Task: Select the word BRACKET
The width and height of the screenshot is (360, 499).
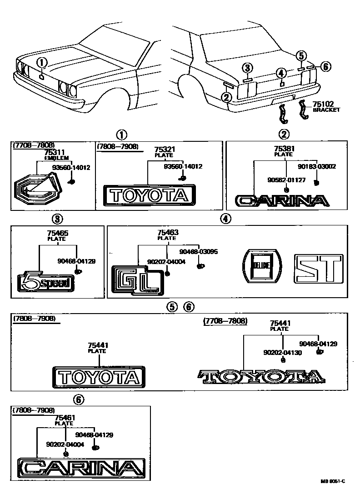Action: [x=326, y=110]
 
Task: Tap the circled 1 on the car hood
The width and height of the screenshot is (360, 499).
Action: [x=41, y=63]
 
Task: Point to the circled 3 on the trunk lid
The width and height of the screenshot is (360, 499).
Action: [x=247, y=68]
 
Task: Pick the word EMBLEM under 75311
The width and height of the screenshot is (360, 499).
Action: [x=57, y=158]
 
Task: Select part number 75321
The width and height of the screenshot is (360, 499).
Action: [x=164, y=150]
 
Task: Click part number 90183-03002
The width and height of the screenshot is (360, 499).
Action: [x=317, y=167]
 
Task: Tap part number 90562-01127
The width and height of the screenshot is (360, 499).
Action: [x=287, y=180]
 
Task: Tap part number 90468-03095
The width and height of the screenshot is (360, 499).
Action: [x=198, y=251]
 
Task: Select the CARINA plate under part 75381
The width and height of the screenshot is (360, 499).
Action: [x=281, y=200]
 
